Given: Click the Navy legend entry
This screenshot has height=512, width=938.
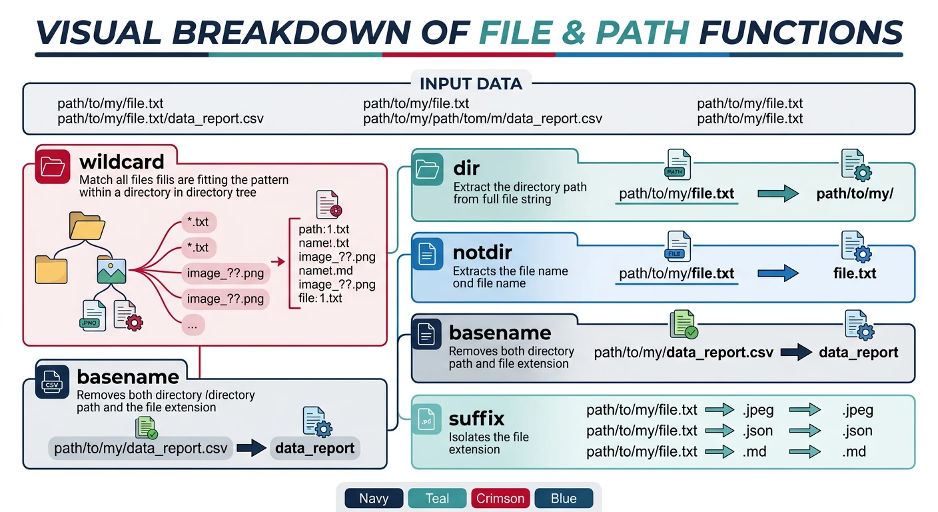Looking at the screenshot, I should pyautogui.click(x=374, y=498).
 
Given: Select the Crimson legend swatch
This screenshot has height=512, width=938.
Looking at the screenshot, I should pyautogui.click(x=500, y=498).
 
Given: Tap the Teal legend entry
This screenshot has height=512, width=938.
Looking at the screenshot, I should pyautogui.click(x=437, y=498).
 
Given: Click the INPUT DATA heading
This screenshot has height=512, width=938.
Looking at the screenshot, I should pyautogui.click(x=470, y=84).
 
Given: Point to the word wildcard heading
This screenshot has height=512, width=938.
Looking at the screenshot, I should pyautogui.click(x=121, y=162).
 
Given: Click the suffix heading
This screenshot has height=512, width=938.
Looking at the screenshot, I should pyautogui.click(x=476, y=419).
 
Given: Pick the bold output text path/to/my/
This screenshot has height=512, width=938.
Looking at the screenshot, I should pyautogui.click(x=854, y=194).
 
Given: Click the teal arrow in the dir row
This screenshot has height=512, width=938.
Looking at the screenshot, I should pyautogui.click(x=777, y=194).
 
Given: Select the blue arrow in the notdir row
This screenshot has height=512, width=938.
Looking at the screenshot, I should pyautogui.click(x=777, y=273).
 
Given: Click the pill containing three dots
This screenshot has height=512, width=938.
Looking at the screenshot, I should pyautogui.click(x=193, y=325).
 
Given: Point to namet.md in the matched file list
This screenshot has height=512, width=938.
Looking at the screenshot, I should pyautogui.click(x=326, y=271).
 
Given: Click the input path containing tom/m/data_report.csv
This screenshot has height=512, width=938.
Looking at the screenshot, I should pyautogui.click(x=482, y=119).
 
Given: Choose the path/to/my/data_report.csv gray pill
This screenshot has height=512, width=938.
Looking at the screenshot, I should pyautogui.click(x=141, y=448).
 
